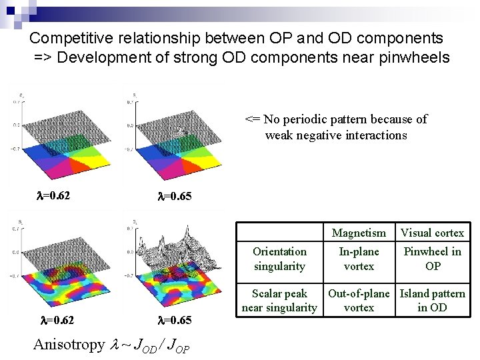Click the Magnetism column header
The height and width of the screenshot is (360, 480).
[x=359, y=233]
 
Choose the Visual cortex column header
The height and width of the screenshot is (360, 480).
[x=432, y=233]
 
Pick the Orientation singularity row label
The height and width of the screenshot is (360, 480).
[x=279, y=259]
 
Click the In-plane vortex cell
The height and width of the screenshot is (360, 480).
[x=359, y=259]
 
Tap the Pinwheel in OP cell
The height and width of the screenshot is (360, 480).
[x=432, y=259]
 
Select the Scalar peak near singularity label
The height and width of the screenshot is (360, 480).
[x=279, y=300]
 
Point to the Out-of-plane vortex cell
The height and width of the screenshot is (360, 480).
[x=359, y=300]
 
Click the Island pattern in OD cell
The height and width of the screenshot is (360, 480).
[x=432, y=300]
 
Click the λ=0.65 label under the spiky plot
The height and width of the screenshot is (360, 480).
[x=174, y=320]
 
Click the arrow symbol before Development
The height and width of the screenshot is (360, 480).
[x=44, y=58]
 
